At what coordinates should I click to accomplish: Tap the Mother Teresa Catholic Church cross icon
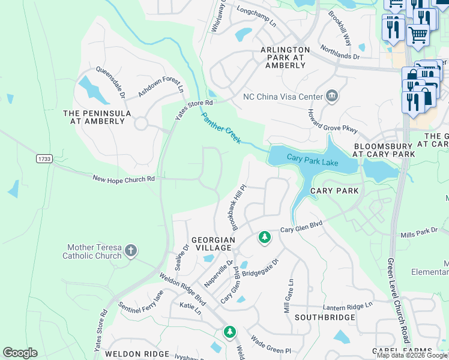pos(131,251)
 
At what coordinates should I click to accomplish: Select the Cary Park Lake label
pos(312,160)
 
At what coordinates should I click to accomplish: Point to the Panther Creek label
pos(221,128)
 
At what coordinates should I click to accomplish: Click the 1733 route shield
pos(44,158)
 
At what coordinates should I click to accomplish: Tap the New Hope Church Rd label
pos(124,178)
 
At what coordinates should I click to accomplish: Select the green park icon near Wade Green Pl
pos(229,332)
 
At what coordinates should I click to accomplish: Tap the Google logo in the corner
pos(20,353)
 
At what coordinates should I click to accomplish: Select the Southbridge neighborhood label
pos(325,317)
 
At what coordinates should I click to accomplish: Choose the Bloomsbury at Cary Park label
pos(383,150)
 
